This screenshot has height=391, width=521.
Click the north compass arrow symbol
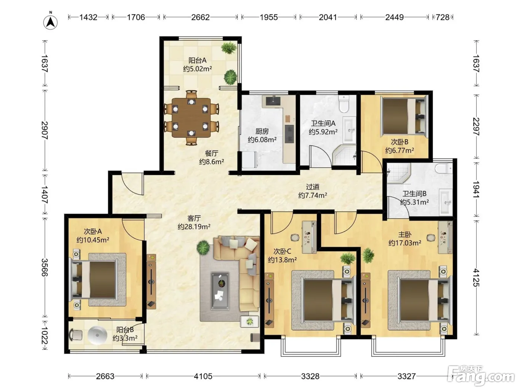[x=50, y=22]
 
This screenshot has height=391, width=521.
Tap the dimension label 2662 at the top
[x=200, y=18]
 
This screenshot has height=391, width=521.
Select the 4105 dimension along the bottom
[x=203, y=376]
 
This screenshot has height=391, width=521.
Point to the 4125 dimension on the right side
[x=476, y=277]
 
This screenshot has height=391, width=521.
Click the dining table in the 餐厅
[x=191, y=118]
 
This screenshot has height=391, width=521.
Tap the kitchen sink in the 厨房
[x=273, y=101]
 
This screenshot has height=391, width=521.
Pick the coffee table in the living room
[x=220, y=291]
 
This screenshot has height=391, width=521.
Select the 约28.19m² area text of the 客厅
[x=194, y=226]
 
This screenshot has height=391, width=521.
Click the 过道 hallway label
[x=312, y=187]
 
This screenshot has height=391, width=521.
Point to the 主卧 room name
[x=405, y=235]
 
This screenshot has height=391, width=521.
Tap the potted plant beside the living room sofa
[x=203, y=248]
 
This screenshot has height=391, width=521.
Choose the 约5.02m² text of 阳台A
[x=197, y=69]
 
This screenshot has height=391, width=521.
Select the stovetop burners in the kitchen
[x=289, y=134]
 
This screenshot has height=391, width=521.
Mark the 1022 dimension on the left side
[x=45, y=336]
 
